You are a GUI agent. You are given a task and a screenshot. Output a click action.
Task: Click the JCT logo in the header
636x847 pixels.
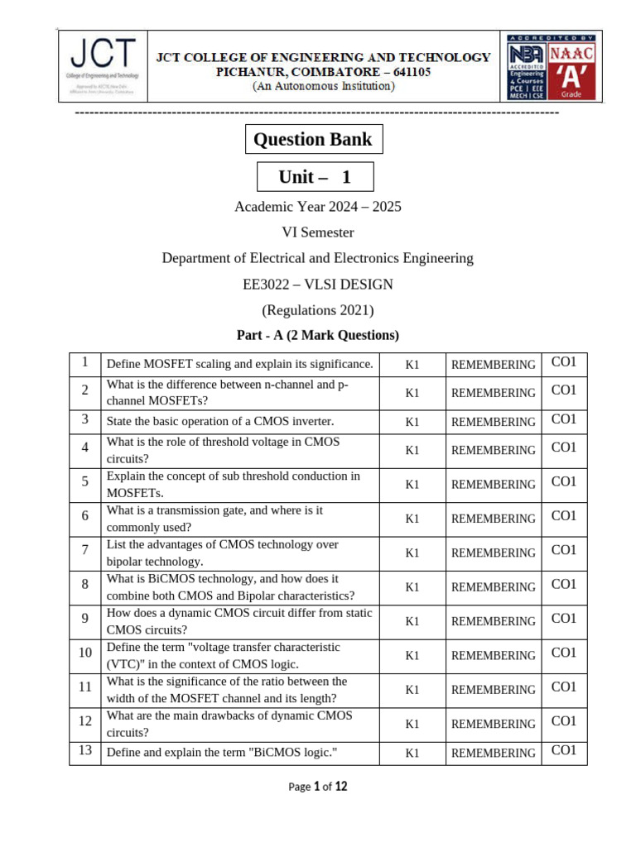pos(104,65)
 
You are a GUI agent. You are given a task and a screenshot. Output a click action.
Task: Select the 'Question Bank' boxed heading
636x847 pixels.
pos(313,139)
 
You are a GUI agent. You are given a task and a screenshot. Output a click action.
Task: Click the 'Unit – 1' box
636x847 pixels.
pos(315,177)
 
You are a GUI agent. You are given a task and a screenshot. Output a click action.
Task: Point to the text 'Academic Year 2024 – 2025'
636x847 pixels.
pos(318,206)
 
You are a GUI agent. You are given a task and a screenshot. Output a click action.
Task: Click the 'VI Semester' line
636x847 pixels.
pos(318,232)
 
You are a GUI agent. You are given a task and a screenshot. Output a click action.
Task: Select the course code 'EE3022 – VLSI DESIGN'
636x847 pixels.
pos(318,285)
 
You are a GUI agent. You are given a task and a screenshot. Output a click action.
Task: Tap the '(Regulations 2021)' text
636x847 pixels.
pos(318,310)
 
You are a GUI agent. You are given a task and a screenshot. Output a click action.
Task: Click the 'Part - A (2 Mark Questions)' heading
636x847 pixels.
pos(318,335)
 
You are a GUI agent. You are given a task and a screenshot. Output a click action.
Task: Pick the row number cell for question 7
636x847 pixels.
pos(84,550)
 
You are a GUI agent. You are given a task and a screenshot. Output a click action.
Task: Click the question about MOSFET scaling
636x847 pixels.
pos(239,364)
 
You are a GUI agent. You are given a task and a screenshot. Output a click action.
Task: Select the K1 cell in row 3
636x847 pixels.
pos(412,422)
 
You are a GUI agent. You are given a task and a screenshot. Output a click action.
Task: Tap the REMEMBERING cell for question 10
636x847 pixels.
pos(493,655)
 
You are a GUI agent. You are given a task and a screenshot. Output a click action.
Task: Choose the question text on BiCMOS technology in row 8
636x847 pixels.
pos(230,587)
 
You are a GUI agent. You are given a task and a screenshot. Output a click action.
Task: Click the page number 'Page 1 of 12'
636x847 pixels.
pos(318,787)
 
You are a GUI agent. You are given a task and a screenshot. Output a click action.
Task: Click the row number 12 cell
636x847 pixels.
pos(84,721)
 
